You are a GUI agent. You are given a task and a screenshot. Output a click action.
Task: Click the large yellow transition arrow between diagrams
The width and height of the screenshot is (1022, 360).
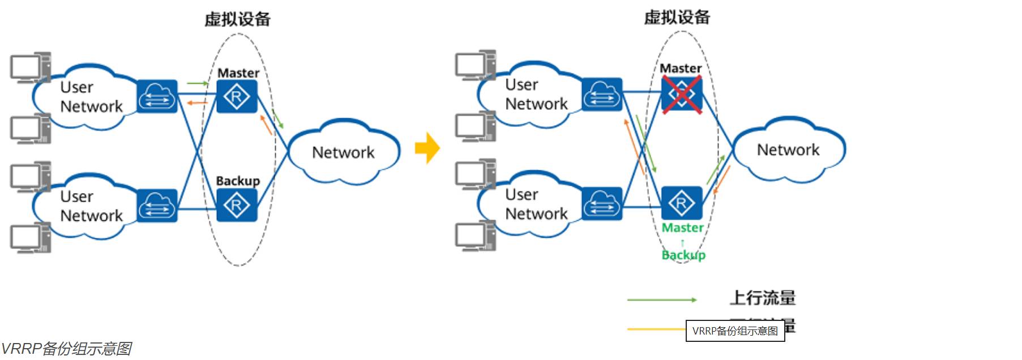point(427,148)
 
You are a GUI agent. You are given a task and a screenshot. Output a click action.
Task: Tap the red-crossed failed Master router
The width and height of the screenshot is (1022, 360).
point(682,94)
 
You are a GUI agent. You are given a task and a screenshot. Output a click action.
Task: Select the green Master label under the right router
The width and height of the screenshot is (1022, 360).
point(683,228)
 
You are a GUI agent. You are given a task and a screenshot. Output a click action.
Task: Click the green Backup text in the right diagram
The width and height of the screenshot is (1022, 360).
point(683,255)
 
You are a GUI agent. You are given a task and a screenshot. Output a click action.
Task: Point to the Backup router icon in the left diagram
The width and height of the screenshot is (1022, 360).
point(237,205)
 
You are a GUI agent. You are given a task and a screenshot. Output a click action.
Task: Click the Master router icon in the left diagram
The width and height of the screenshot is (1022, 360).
point(237,97)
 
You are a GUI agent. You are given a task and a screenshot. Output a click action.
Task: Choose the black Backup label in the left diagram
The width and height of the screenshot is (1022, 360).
point(238,181)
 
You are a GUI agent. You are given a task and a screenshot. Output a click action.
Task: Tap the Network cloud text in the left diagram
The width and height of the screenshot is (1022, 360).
point(343,152)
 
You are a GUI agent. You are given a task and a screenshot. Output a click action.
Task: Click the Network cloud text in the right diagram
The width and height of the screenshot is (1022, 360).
point(788,150)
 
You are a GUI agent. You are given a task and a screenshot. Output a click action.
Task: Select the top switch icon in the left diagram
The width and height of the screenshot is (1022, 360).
point(157,97)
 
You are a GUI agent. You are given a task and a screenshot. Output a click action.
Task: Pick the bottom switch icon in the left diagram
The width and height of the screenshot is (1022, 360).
point(157,205)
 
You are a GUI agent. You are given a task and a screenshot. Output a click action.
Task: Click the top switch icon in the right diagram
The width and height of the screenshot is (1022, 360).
point(602,95)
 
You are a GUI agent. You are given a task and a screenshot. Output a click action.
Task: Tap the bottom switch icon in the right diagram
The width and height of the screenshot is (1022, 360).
point(602,203)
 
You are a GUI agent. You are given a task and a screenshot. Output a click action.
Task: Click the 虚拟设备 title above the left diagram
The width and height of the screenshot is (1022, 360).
point(237,19)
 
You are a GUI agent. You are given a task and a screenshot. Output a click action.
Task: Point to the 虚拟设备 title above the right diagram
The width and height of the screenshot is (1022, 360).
point(677,17)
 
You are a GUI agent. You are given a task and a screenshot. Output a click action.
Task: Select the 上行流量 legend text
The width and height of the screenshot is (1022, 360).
point(762,298)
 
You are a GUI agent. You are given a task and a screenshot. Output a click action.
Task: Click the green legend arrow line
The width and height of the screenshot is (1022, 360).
point(661,299)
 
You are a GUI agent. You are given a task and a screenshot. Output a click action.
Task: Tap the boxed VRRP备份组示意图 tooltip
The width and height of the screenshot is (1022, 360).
point(735,331)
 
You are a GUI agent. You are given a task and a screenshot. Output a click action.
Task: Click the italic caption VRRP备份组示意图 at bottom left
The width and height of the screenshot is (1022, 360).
point(66,349)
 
